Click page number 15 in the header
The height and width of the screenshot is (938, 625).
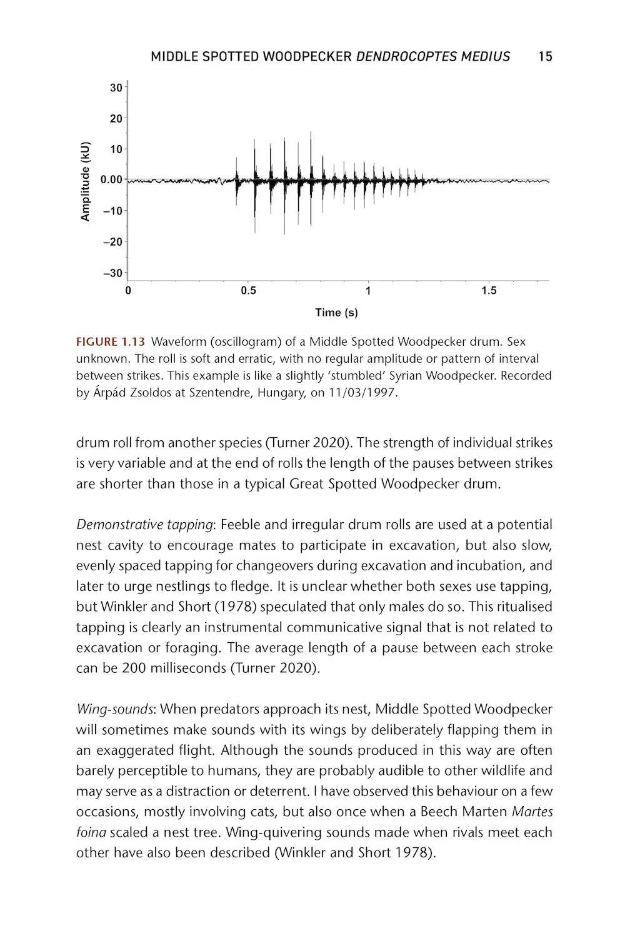[x=545, y=57]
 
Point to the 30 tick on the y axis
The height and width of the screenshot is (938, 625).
[x=116, y=88]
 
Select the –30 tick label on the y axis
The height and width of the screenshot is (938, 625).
[x=113, y=273]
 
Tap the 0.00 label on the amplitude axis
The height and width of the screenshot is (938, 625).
[x=111, y=180]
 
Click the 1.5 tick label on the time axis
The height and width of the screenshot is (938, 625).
[x=489, y=291]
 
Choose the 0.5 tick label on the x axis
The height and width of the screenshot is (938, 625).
[x=248, y=291]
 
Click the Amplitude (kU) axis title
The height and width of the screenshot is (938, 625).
[x=86, y=182]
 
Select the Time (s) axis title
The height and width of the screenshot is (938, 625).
[x=336, y=313]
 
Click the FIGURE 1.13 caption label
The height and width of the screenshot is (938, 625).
[x=111, y=342]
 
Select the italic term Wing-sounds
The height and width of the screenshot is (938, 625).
[x=114, y=710]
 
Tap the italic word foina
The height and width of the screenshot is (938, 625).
[x=91, y=833]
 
